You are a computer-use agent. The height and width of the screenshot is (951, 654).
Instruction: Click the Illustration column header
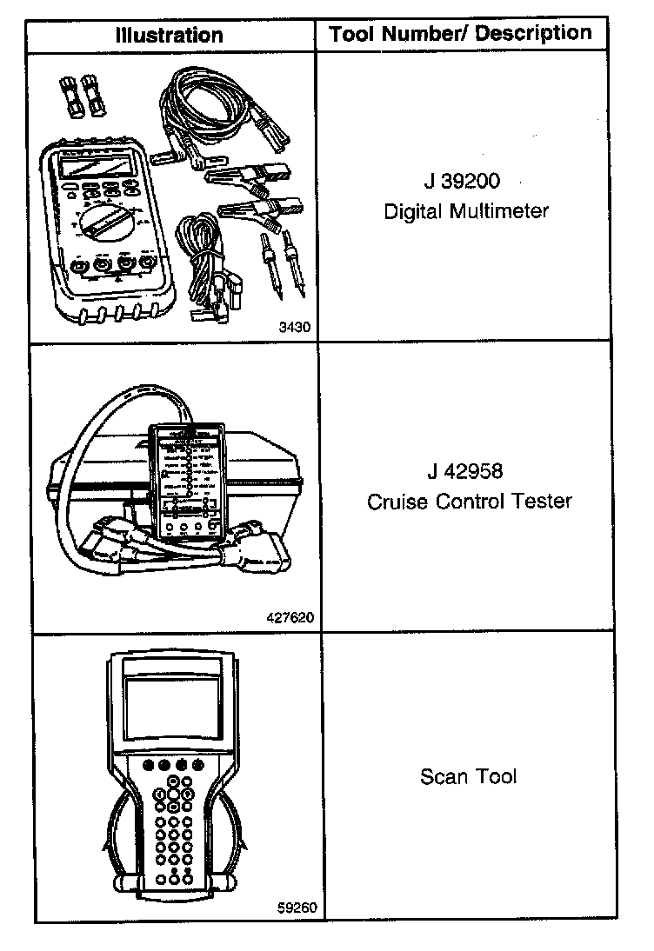pyautogui.click(x=170, y=36)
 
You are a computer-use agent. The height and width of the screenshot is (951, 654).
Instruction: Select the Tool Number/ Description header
pyautogui.click(x=460, y=34)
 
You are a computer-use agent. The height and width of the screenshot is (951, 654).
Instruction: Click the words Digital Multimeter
pyautogui.click(x=466, y=211)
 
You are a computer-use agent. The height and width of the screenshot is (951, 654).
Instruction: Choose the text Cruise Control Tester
pyautogui.click(x=470, y=502)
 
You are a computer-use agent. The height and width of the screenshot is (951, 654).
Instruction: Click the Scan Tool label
pyautogui.click(x=468, y=776)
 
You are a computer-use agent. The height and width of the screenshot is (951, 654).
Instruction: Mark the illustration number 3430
pyautogui.click(x=295, y=328)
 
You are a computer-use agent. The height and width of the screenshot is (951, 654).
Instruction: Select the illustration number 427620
pyautogui.click(x=288, y=618)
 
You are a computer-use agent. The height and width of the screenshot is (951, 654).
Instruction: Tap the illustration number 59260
pyautogui.click(x=297, y=908)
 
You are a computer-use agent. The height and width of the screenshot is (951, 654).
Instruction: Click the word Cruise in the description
pyautogui.click(x=392, y=502)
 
